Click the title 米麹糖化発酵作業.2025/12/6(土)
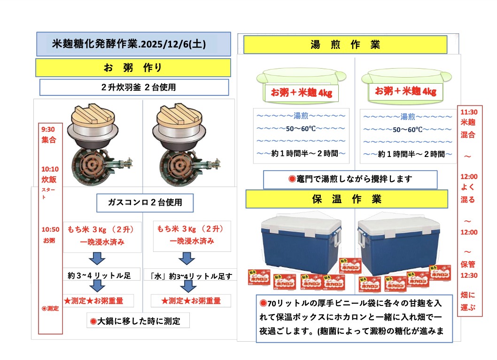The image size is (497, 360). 129,44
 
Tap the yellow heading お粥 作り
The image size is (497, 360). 133,68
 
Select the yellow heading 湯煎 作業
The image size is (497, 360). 345,45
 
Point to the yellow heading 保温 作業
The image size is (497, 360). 347,199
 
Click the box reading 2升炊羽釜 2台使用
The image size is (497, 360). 134,87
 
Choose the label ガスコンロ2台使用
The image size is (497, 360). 145,203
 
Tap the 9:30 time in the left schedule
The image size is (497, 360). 48,129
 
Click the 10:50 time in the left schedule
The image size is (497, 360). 50,229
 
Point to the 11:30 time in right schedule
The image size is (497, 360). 469,112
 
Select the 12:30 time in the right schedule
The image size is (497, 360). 469,275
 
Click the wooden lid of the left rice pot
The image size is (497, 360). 93,115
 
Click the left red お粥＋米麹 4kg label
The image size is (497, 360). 301,93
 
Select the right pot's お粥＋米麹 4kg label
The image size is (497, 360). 405,91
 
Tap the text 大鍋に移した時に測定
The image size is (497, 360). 138,321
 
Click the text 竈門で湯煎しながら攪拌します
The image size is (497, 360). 350,179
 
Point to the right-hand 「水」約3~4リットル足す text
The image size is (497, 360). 191,276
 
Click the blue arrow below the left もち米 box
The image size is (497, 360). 97,258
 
